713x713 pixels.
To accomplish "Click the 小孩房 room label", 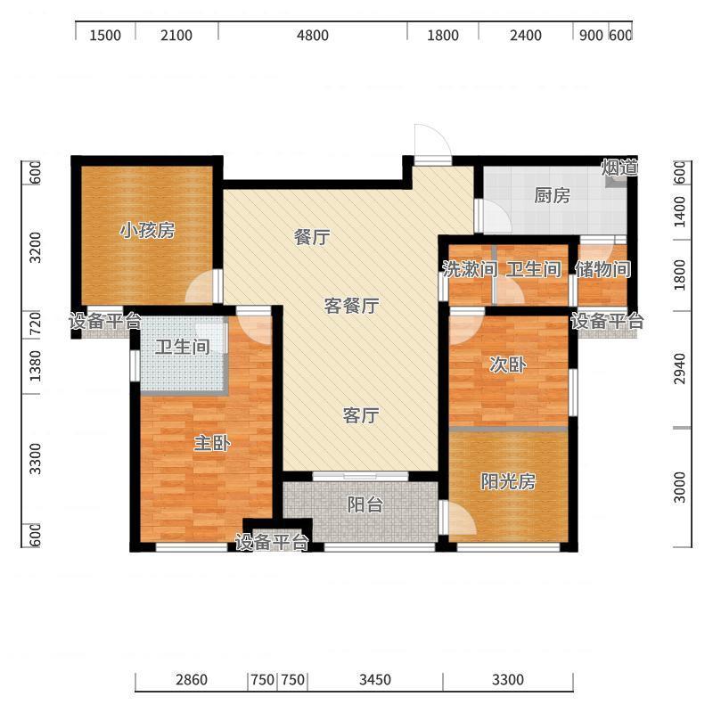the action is [x=147, y=231].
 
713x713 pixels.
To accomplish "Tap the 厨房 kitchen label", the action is [x=552, y=195].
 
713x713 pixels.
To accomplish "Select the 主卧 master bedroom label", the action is [x=212, y=443].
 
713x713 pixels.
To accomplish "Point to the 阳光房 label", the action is [x=508, y=481].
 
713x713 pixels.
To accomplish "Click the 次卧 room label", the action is [x=508, y=365].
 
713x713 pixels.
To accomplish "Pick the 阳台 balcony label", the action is [x=365, y=504].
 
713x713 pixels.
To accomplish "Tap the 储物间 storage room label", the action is [x=603, y=269].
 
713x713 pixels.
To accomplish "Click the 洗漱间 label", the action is [x=470, y=269].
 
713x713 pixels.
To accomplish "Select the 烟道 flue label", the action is [x=619, y=168].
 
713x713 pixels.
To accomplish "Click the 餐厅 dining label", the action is [x=312, y=237].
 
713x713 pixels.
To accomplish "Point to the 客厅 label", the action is [x=361, y=415].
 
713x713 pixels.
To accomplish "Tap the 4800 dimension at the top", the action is [x=313, y=35].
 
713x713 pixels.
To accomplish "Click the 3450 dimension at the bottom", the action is [x=374, y=679].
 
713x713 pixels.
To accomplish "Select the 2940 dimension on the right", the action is [x=679, y=368].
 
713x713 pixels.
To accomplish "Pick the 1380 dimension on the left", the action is [x=35, y=366].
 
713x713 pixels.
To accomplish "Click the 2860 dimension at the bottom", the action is [x=192, y=679].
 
